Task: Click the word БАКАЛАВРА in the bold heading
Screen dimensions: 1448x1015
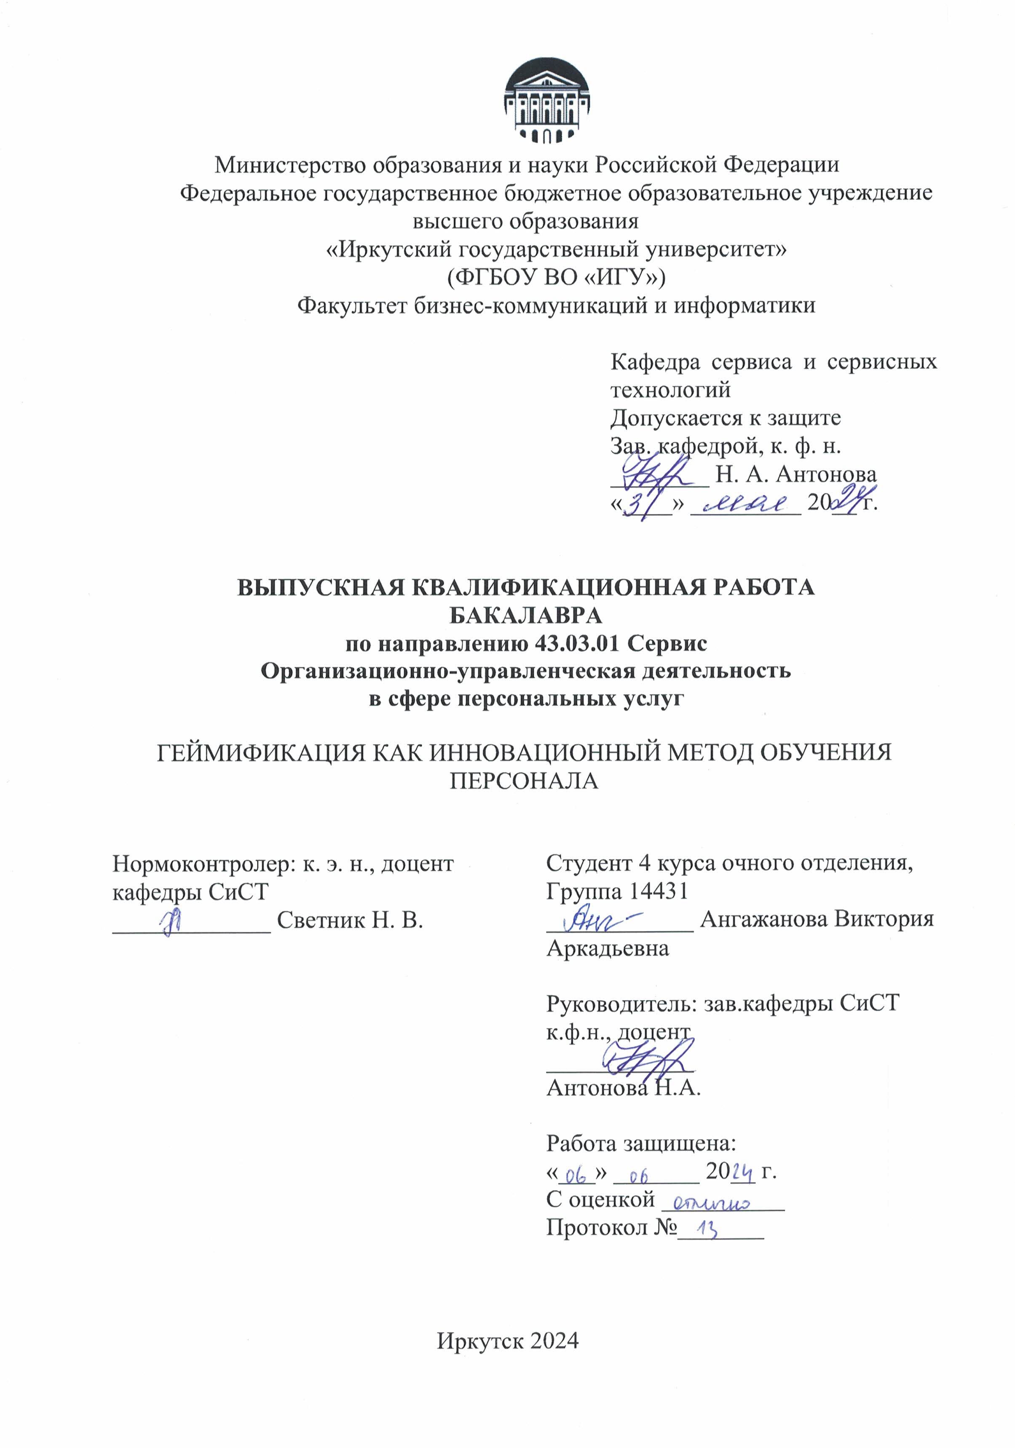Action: point(525,615)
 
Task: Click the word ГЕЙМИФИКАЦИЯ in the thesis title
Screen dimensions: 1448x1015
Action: point(260,753)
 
